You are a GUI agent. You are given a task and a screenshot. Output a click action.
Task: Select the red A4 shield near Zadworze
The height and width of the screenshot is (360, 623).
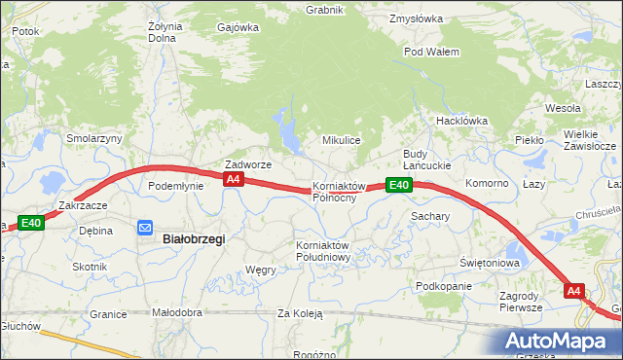233,180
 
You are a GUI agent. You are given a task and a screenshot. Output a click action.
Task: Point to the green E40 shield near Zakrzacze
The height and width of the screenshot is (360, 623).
30,223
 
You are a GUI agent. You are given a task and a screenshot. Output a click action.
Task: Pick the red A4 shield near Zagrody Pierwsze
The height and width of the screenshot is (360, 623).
573,291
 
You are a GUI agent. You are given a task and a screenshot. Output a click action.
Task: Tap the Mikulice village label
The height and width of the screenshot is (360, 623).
342,140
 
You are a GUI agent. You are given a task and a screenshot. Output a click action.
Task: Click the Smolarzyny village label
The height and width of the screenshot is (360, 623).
94,138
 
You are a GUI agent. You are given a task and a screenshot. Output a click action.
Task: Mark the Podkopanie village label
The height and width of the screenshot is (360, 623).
443,286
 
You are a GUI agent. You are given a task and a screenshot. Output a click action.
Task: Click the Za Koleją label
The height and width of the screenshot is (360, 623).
300,313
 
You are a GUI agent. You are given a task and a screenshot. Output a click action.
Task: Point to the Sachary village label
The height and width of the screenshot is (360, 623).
429,216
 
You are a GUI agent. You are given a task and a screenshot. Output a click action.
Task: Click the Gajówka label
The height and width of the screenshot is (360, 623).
239,27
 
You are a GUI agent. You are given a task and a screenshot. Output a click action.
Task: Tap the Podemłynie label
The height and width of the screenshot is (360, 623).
175,185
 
